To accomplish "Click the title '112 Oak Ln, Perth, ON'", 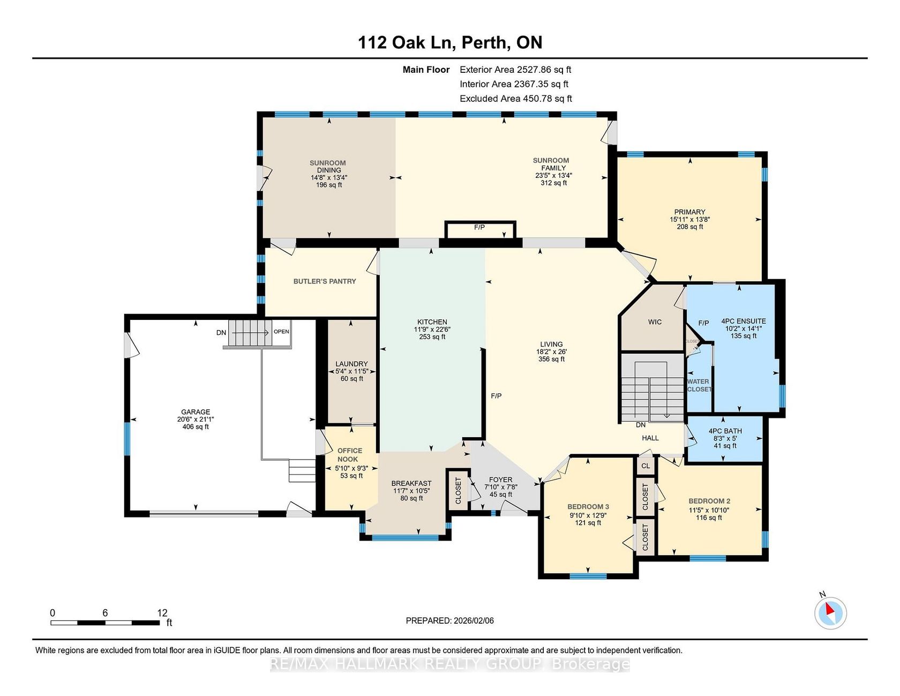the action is (450, 42).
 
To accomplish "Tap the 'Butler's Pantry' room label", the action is (325, 281).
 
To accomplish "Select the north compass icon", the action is (830, 612).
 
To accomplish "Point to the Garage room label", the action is (196, 412).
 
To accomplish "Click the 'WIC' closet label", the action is (655, 322).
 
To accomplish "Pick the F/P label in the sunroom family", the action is (479, 227).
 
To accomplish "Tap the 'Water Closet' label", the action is (699, 386).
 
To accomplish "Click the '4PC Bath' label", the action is (725, 431).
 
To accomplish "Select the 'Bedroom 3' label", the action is (588, 507).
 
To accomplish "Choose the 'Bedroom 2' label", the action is (709, 502).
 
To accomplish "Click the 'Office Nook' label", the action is (349, 455).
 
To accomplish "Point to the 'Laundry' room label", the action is (351, 364).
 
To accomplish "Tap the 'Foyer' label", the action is (501, 480).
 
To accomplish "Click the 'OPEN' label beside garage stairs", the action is (281, 332).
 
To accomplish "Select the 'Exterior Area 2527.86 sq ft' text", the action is (515, 70).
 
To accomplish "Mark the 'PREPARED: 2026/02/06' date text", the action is (450, 620).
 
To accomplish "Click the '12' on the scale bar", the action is (162, 613).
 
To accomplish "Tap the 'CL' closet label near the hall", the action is (646, 466).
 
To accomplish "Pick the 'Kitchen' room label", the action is (432, 322).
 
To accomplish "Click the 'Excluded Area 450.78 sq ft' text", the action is (516, 99).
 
